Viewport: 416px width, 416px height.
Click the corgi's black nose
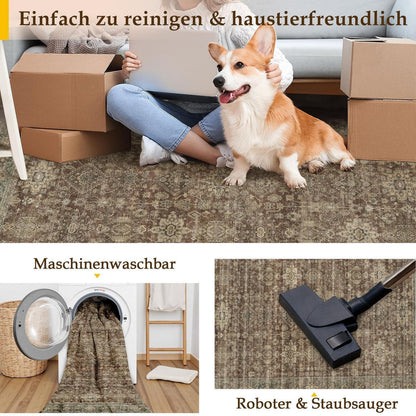pyautogui.click(x=218, y=81)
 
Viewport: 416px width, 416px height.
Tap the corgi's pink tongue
pyautogui.click(x=227, y=97)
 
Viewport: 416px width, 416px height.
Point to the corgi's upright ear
pyautogui.click(x=263, y=41)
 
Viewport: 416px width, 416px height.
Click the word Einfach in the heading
pyautogui.click(x=54, y=19)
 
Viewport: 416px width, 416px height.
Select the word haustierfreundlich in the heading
pyautogui.click(x=319, y=19)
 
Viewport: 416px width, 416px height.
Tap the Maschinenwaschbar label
pyautogui.click(x=104, y=264)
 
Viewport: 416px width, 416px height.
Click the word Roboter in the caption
pyautogui.click(x=264, y=403)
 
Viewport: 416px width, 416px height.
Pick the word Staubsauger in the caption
pyautogui.click(x=355, y=404)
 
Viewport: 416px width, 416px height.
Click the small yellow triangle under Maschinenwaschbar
pyautogui.click(x=97, y=276)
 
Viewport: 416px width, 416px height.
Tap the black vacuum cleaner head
pyautogui.click(x=321, y=323)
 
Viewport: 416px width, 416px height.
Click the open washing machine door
pyautogui.click(x=42, y=324)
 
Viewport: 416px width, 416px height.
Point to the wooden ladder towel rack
pyautogui.click(x=166, y=323)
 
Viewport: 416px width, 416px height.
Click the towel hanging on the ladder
pyautogui.click(x=167, y=297)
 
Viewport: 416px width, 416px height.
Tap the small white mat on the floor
pyautogui.click(x=172, y=374)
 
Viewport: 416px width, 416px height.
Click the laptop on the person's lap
pyautogui.click(x=173, y=62)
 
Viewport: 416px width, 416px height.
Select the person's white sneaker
pyautogui.click(x=155, y=152)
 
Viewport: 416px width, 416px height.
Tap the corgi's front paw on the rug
pyautogui.click(x=234, y=180)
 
